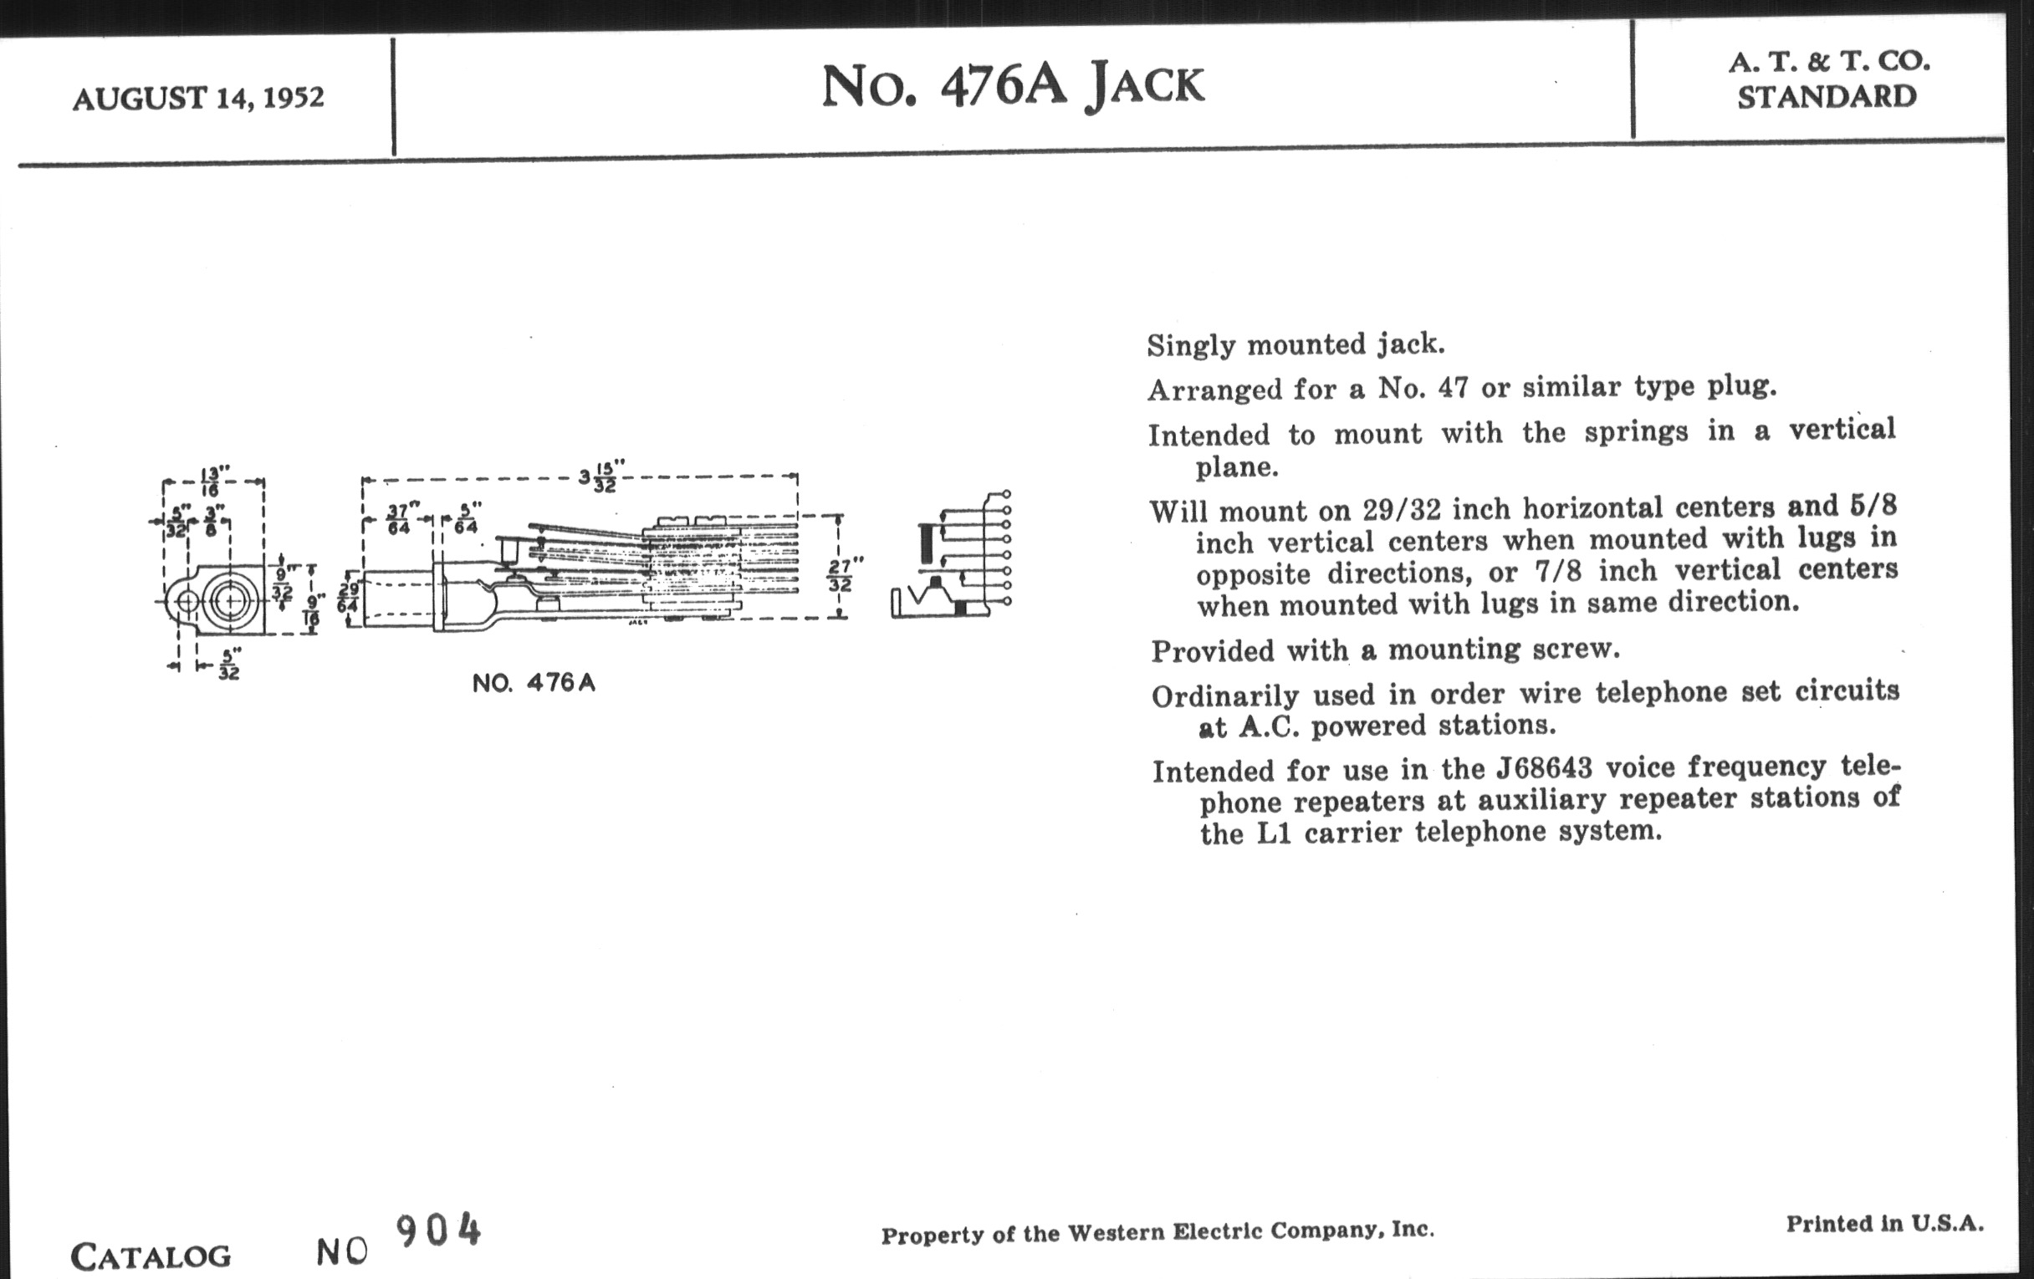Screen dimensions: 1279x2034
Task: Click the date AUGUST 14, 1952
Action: click(x=198, y=99)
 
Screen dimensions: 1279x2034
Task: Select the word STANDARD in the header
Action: click(x=1827, y=97)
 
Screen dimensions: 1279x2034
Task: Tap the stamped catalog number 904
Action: click(x=438, y=1231)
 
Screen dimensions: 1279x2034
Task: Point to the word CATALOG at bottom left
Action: click(x=151, y=1256)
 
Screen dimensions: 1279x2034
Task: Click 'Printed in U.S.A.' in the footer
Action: click(x=1884, y=1223)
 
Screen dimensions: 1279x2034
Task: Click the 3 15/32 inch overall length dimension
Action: click(x=602, y=477)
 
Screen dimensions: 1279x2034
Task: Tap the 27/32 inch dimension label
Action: click(x=840, y=574)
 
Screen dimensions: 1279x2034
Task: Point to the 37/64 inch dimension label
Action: click(x=398, y=519)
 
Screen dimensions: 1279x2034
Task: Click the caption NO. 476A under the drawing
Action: click(x=534, y=683)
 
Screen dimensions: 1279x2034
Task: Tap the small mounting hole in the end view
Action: click(x=187, y=601)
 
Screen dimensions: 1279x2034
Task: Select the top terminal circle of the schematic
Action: click(x=1006, y=494)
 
